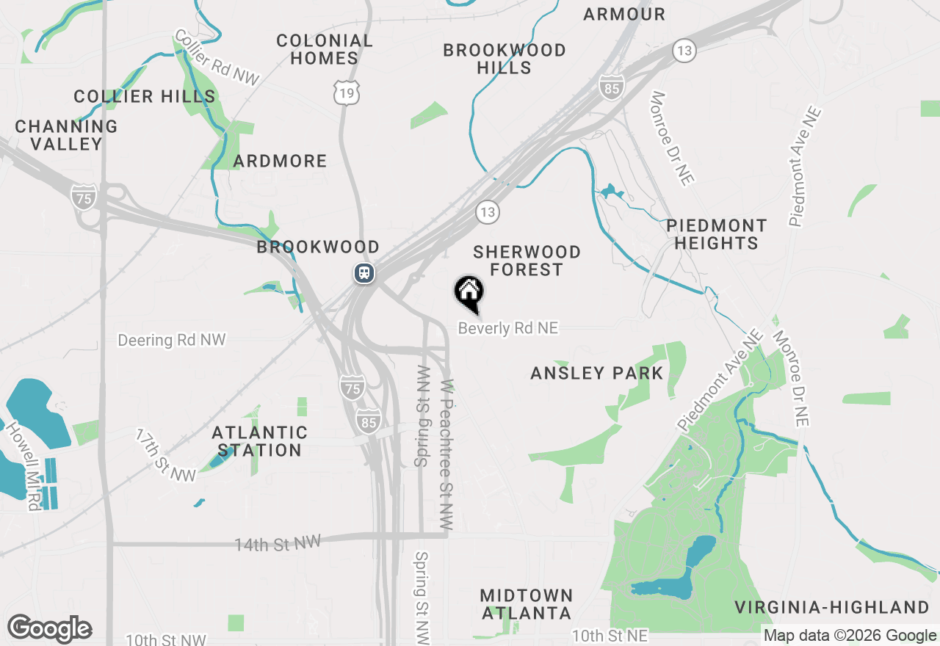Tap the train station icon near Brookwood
(x=364, y=274)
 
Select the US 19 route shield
(x=346, y=92)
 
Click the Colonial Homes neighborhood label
(x=325, y=49)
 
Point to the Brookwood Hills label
(x=505, y=59)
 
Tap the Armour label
(x=624, y=14)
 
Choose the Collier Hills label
(x=145, y=96)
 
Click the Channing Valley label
(x=67, y=135)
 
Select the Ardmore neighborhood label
(x=280, y=161)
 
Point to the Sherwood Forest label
(x=527, y=261)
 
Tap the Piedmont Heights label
(x=717, y=234)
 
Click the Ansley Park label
(x=597, y=373)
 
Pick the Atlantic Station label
(x=259, y=441)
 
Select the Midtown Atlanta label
(x=526, y=603)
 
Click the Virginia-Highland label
(x=832, y=607)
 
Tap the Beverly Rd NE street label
(x=508, y=328)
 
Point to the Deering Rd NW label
(x=172, y=340)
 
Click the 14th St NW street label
(x=278, y=543)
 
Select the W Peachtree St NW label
(x=446, y=455)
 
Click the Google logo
(x=49, y=629)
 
